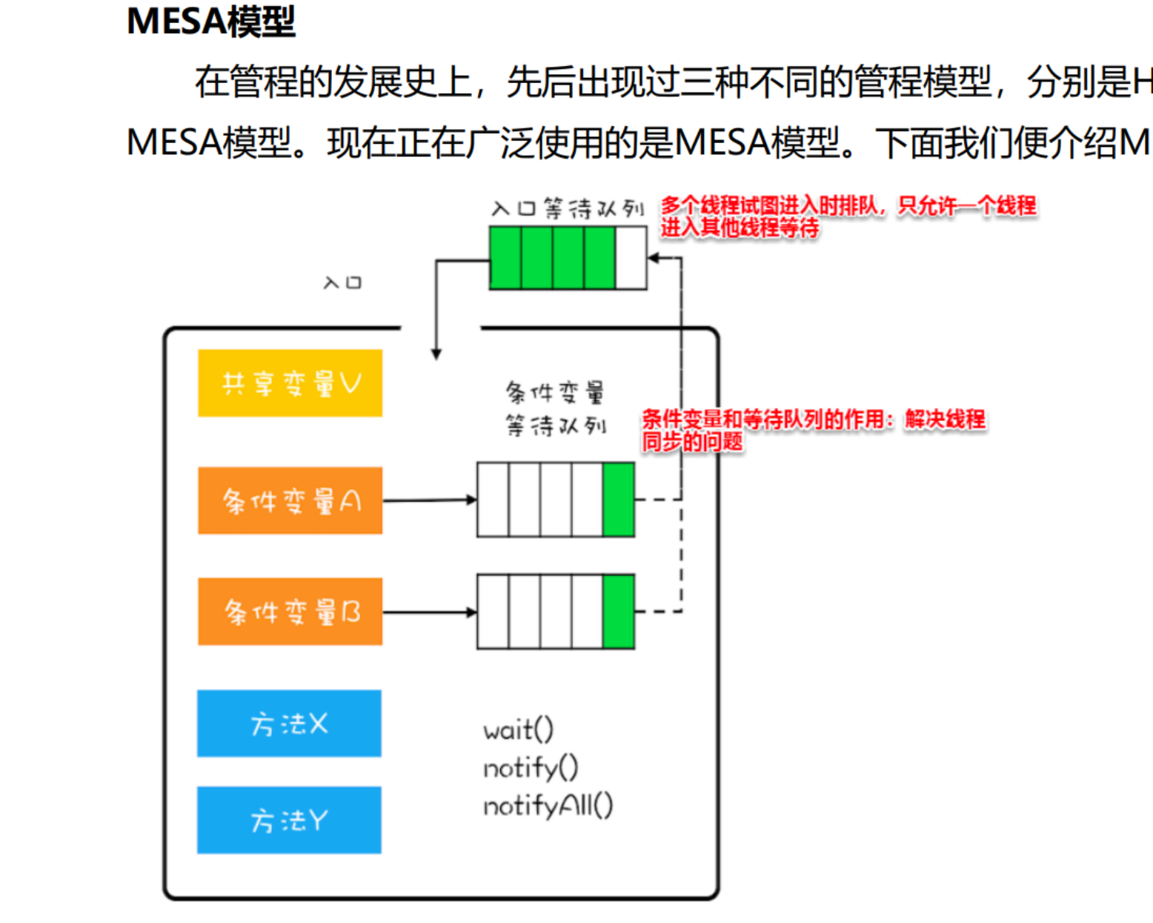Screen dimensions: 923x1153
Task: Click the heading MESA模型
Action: tap(211, 22)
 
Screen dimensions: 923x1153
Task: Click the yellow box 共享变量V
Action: tap(290, 383)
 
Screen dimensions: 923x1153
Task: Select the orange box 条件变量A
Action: tap(290, 500)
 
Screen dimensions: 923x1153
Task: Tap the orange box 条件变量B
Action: tap(290, 612)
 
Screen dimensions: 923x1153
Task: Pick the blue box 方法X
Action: tap(289, 724)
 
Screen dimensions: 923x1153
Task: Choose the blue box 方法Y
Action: tap(289, 820)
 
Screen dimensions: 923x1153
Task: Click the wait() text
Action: tap(518, 730)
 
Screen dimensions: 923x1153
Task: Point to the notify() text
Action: tap(531, 768)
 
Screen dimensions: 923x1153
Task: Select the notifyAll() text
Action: tap(548, 806)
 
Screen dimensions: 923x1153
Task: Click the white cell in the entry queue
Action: tap(631, 258)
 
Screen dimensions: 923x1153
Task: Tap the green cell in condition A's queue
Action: tap(619, 500)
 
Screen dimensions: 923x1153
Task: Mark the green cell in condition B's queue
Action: tap(619, 612)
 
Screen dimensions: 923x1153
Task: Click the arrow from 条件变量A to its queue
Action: tap(430, 500)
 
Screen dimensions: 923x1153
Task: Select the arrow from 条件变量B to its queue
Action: tap(430, 612)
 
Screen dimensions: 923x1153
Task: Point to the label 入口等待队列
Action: tap(567, 209)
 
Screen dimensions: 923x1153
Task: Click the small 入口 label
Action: tap(342, 282)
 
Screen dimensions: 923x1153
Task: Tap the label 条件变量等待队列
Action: tap(555, 408)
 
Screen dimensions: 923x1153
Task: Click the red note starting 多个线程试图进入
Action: tap(848, 216)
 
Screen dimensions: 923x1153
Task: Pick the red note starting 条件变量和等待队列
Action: tap(813, 430)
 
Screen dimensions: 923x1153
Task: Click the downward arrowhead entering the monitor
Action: tap(436, 354)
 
